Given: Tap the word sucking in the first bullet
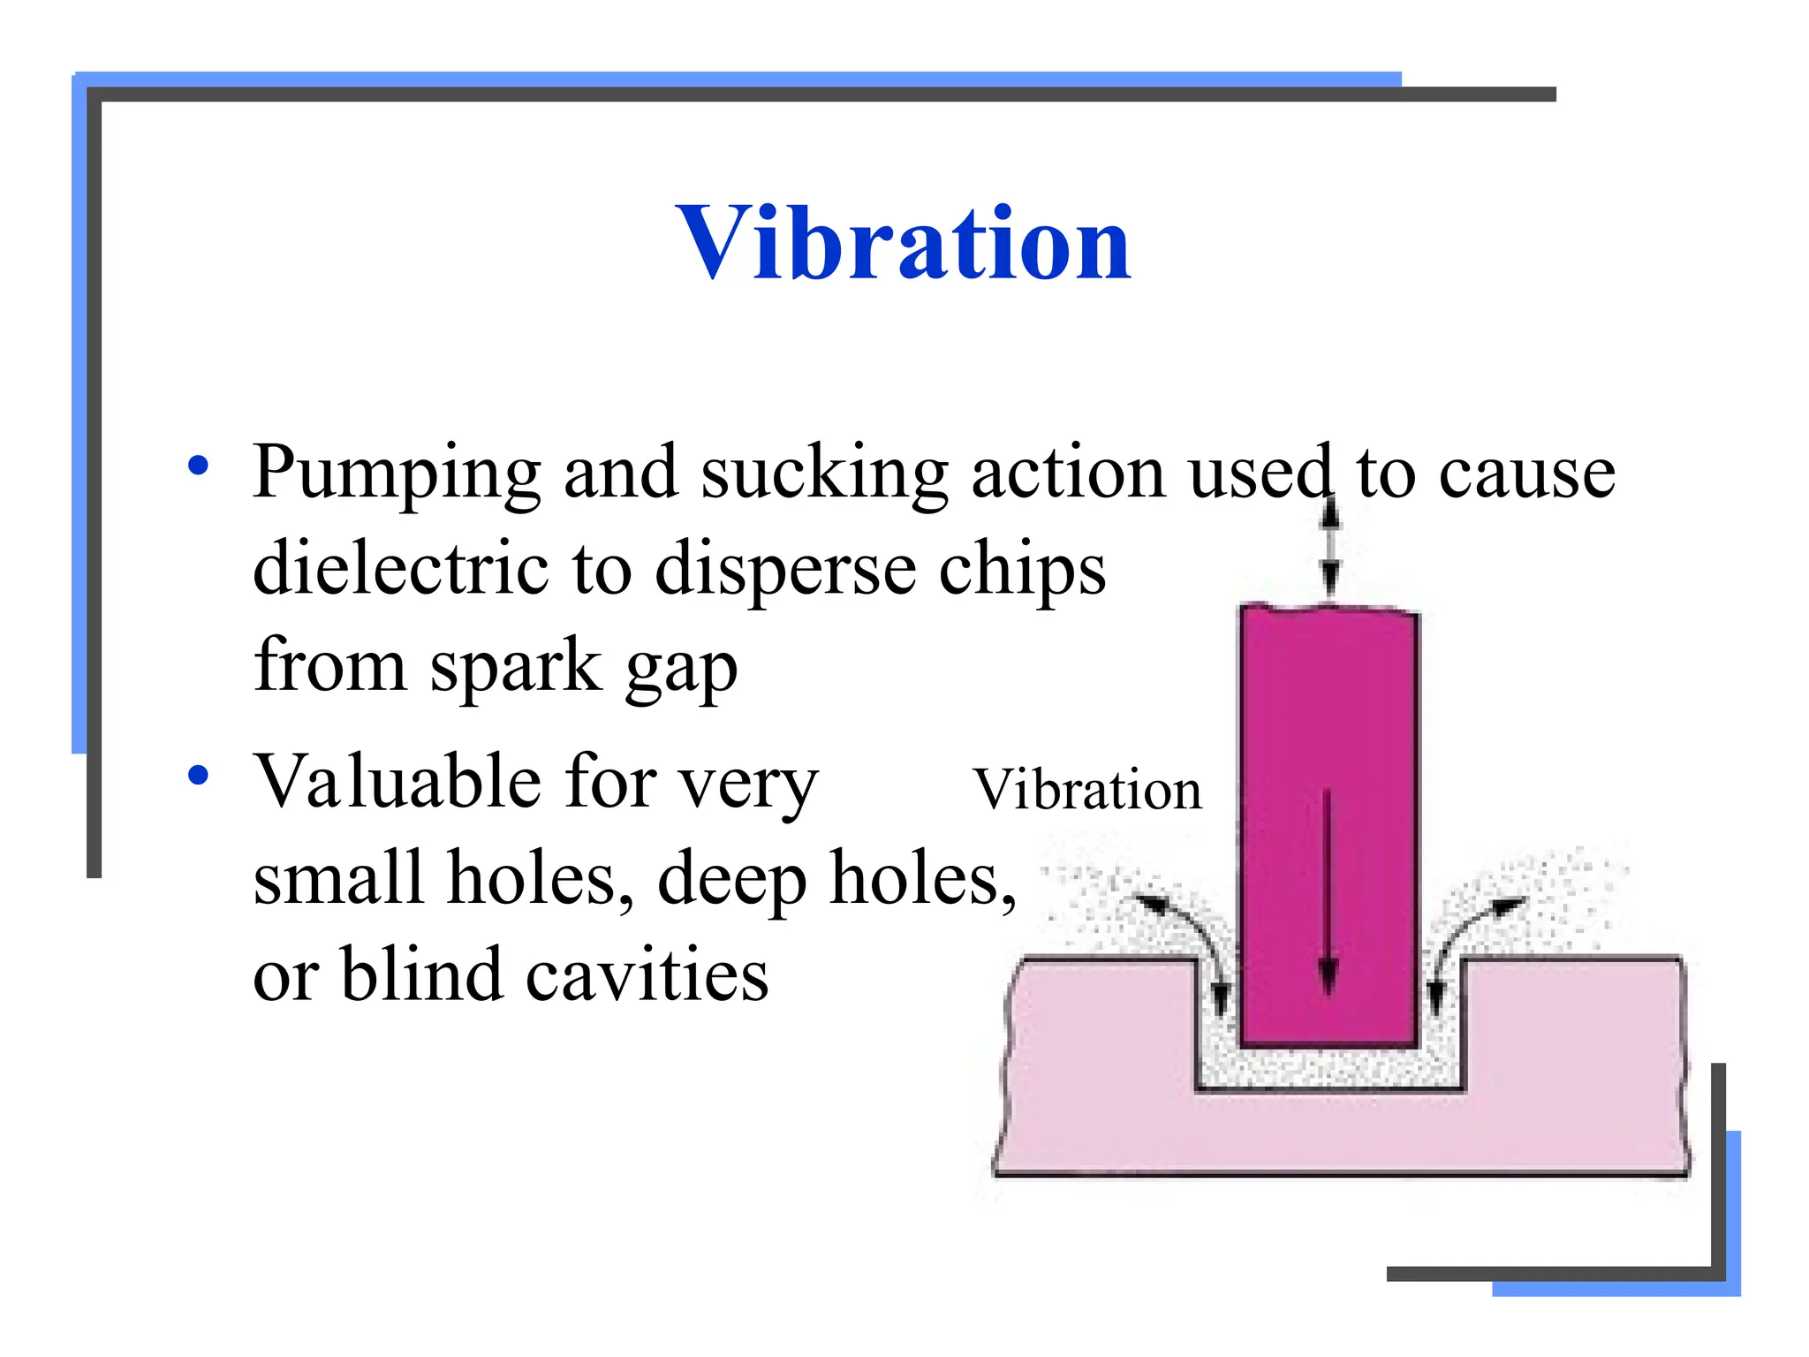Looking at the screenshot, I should pos(824,474).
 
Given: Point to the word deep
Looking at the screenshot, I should pos(731,880).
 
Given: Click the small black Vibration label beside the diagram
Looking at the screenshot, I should pos(1087,789).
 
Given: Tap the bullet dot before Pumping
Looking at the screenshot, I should pos(199,466).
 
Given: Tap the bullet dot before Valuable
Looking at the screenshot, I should pos(199,775).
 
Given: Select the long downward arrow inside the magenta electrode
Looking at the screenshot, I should pos(1327,892).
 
